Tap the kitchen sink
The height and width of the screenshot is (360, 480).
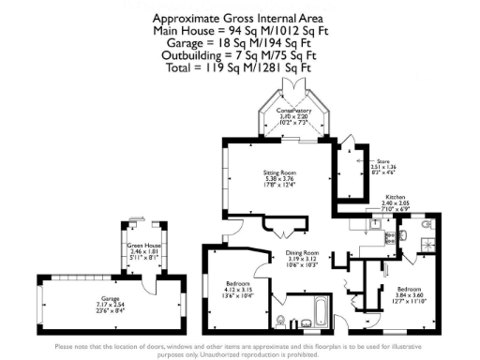pos(374,223)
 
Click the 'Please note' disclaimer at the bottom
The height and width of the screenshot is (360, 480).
pos(240,351)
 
